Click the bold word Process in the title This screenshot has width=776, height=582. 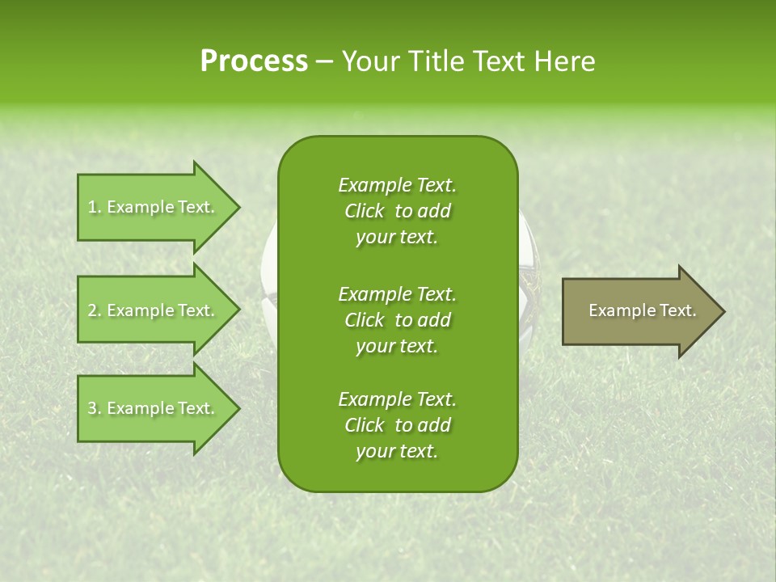click(x=254, y=61)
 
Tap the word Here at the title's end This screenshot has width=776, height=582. click(x=565, y=61)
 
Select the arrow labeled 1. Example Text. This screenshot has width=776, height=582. click(x=154, y=207)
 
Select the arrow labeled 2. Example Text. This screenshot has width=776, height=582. click(x=154, y=310)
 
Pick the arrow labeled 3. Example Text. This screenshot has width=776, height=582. click(x=154, y=408)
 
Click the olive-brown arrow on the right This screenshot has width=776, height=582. click(x=639, y=311)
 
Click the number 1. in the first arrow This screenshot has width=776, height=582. click(x=95, y=207)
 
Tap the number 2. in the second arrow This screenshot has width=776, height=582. click(x=95, y=310)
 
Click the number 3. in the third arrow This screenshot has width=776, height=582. click(x=95, y=408)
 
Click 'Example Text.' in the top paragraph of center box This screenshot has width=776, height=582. click(x=397, y=185)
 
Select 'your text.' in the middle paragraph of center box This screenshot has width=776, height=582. click(x=397, y=346)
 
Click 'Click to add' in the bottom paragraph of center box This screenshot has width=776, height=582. click(x=397, y=425)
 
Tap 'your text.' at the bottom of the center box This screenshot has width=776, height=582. click(x=397, y=452)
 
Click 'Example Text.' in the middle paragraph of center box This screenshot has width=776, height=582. click(x=397, y=294)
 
